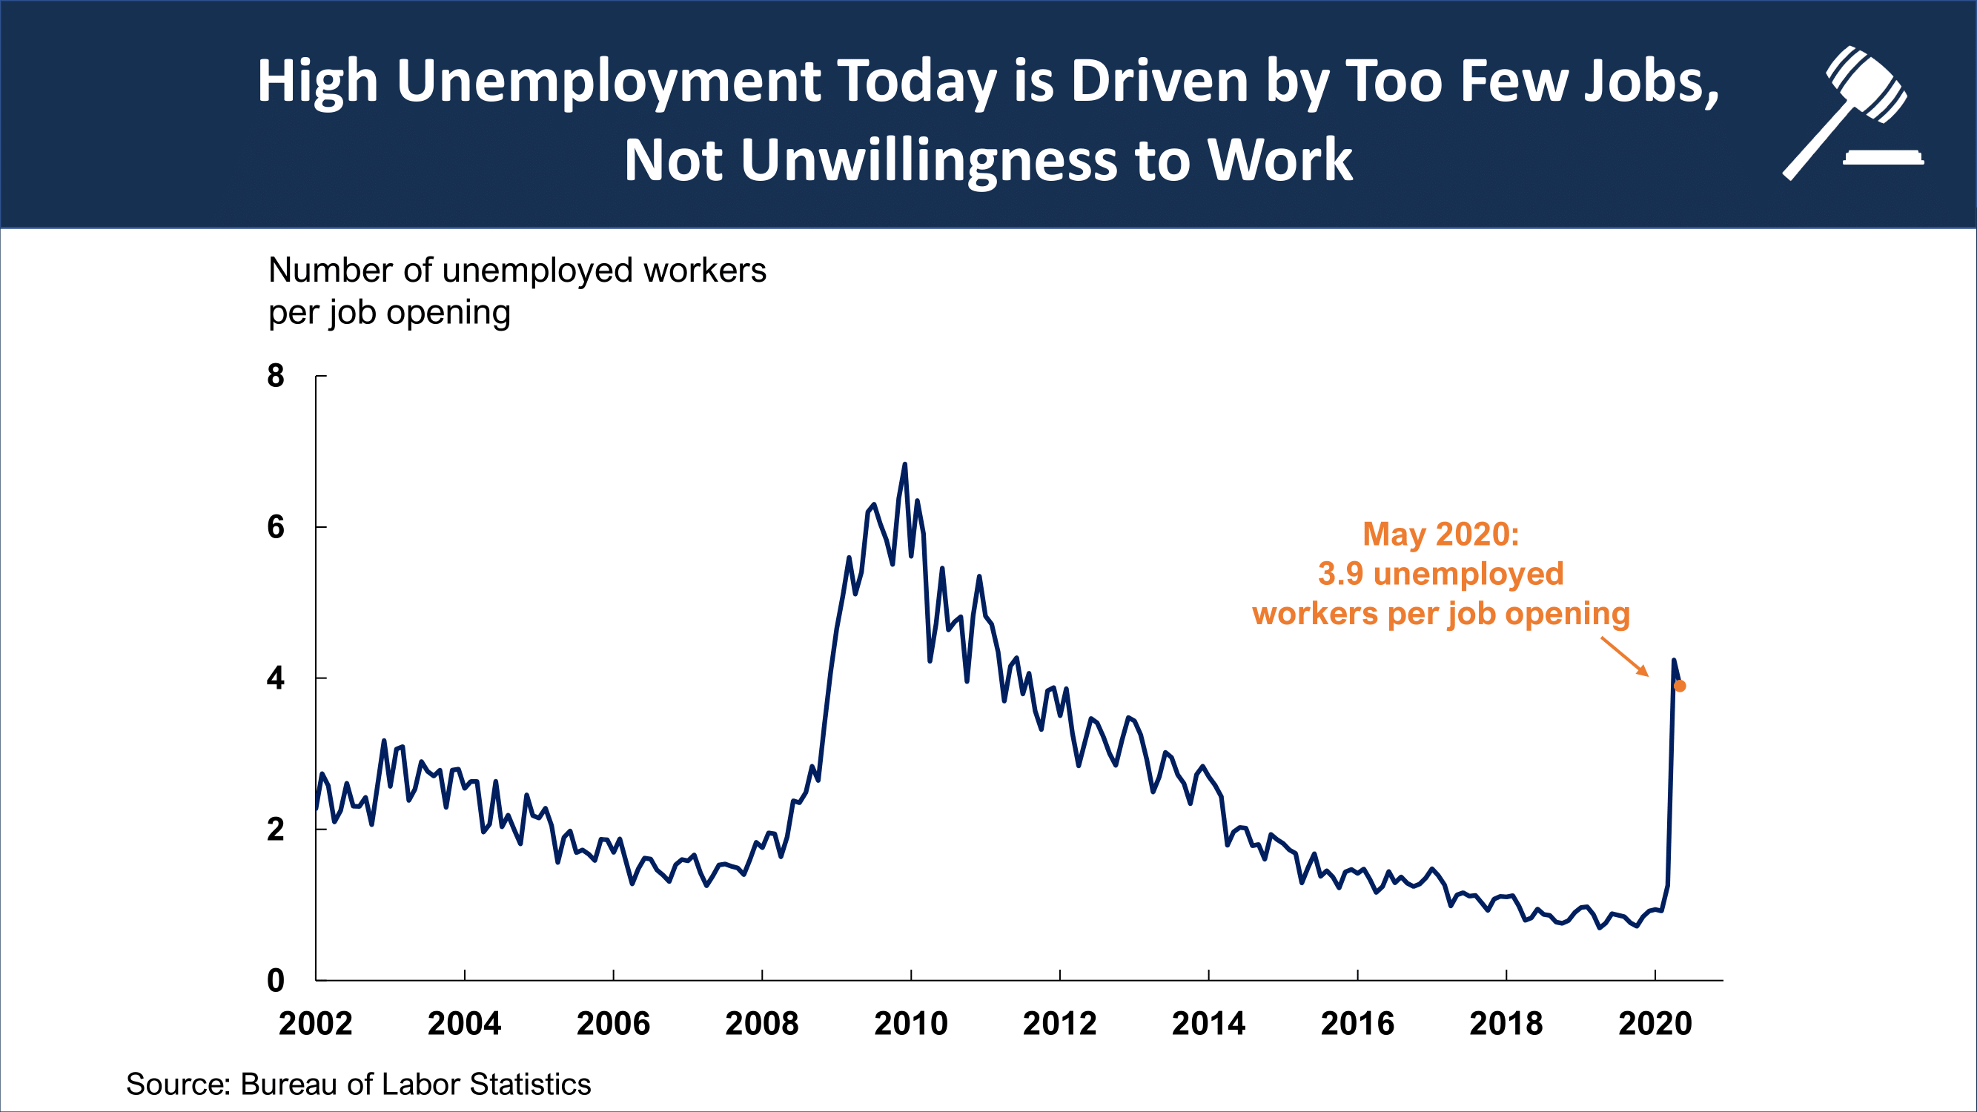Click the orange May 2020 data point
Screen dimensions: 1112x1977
pyautogui.click(x=1679, y=686)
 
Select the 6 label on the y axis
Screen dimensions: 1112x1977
pyautogui.click(x=276, y=527)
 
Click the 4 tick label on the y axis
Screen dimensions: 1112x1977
pyautogui.click(x=276, y=678)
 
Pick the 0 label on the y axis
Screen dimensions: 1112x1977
pyautogui.click(x=276, y=981)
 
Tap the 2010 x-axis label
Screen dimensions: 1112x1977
pyautogui.click(x=911, y=1024)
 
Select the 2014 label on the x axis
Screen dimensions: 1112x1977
pyautogui.click(x=1209, y=1024)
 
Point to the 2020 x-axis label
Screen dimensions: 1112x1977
pyautogui.click(x=1655, y=1024)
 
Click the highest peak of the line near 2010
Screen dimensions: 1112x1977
pyautogui.click(x=904, y=465)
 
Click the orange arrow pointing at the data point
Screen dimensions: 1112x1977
pyautogui.click(x=1625, y=657)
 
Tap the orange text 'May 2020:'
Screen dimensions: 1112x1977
pyautogui.click(x=1440, y=534)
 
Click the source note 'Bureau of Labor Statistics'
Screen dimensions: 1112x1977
pyautogui.click(x=415, y=1085)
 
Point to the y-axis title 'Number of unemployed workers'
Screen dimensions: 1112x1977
pyautogui.click(x=517, y=270)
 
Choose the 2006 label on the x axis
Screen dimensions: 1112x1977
pyautogui.click(x=613, y=1024)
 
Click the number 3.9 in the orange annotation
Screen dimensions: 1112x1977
pyautogui.click(x=1340, y=574)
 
